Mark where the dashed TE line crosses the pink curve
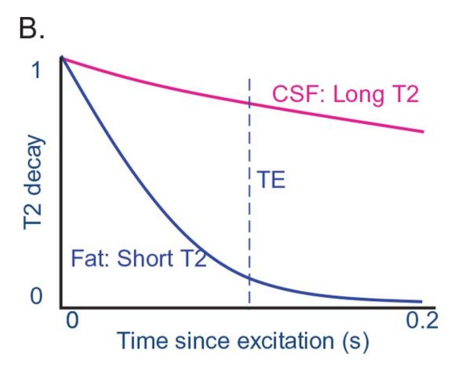[249, 102]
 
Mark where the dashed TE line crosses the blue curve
[249, 278]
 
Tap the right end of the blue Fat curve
[421, 302]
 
